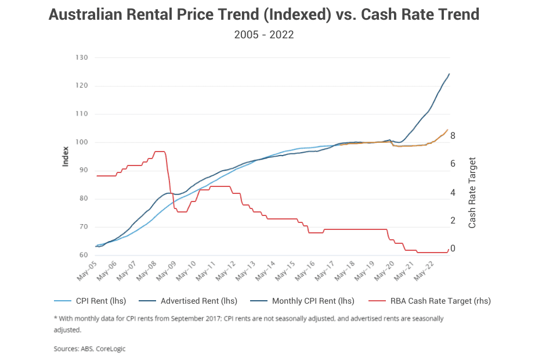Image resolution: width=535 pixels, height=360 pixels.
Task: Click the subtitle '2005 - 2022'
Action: click(x=264, y=35)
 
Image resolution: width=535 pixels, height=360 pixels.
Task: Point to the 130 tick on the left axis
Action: click(x=82, y=57)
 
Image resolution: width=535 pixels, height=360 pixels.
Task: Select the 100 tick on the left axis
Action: click(x=82, y=142)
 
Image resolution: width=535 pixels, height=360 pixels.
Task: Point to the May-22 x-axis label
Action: click(x=428, y=270)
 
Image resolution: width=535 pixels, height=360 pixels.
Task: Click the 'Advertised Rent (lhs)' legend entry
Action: click(x=193, y=301)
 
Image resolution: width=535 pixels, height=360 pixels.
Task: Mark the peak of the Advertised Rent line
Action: click(x=449, y=74)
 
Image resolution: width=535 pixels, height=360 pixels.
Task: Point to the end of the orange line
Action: click(x=448, y=129)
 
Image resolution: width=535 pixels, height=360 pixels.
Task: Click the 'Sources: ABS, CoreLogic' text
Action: click(x=89, y=349)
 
